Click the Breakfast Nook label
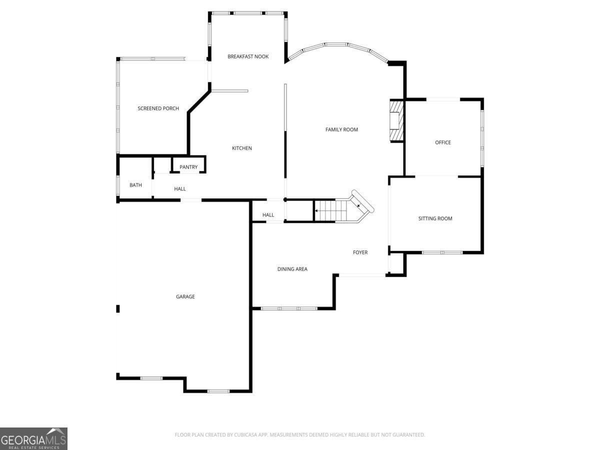pyautogui.click(x=248, y=56)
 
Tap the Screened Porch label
pyautogui.click(x=158, y=108)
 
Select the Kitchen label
pyautogui.click(x=242, y=148)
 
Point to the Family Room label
pyautogui.click(x=341, y=129)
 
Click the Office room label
pyautogui.click(x=442, y=142)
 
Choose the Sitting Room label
pyautogui.click(x=435, y=218)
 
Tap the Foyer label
pyautogui.click(x=360, y=252)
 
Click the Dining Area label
pyautogui.click(x=292, y=269)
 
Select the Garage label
pyautogui.click(x=185, y=296)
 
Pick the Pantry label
pyautogui.click(x=188, y=167)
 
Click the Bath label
pyautogui.click(x=135, y=185)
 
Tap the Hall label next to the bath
pyautogui.click(x=180, y=189)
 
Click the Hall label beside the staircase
pyautogui.click(x=268, y=215)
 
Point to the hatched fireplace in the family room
pyautogui.click(x=396, y=120)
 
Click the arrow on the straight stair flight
pyautogui.click(x=317, y=211)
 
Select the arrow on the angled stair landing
pyautogui.click(x=358, y=205)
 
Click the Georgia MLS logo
pyautogui.click(x=33, y=438)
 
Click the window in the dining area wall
pyautogui.click(x=289, y=308)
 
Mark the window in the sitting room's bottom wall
pyautogui.click(x=442, y=252)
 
